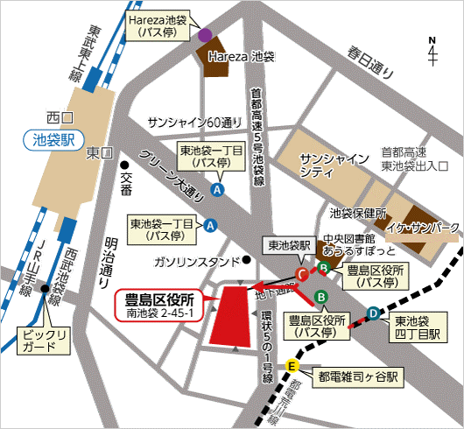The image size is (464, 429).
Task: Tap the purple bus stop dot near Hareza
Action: [204, 36]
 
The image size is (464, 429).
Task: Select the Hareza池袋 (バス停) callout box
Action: [158, 25]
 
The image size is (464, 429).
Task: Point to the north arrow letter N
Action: [432, 40]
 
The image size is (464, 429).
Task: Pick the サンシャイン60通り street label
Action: [194, 121]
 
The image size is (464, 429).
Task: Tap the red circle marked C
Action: [302, 275]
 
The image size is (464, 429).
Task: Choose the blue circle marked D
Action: [373, 312]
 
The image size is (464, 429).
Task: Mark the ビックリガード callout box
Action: [41, 341]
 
